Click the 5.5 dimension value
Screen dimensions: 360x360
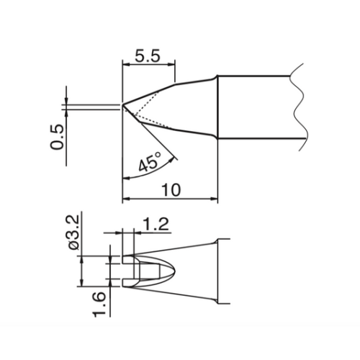click(147, 57)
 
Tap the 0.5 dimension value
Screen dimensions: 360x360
click(58, 137)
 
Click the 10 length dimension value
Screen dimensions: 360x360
click(171, 190)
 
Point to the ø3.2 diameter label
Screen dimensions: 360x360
click(73, 233)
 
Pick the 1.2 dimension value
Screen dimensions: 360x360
click(156, 224)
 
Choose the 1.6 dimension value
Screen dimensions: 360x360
click(99, 305)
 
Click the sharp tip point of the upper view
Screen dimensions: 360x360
click(122, 105)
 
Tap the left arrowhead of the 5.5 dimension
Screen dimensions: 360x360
click(126, 64)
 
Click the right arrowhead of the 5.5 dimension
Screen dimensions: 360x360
click(171, 64)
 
